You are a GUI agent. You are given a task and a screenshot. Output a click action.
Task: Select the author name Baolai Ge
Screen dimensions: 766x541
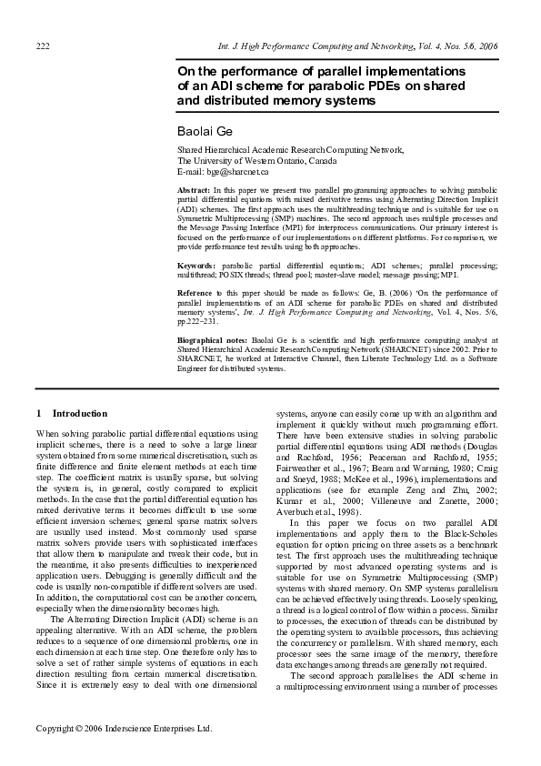point(205,132)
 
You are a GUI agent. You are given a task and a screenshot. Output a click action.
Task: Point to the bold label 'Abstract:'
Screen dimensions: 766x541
point(193,189)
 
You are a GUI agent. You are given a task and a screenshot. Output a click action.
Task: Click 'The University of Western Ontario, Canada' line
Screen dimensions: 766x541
point(256,160)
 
